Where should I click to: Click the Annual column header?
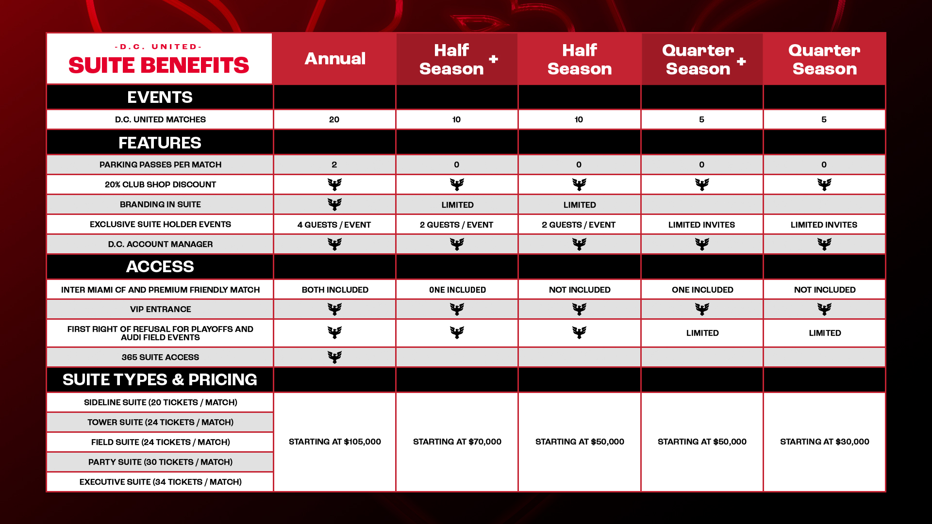click(x=335, y=59)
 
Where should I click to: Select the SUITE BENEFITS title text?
click(x=159, y=65)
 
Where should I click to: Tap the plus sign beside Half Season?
click(x=494, y=59)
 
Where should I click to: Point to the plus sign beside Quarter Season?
click(x=741, y=61)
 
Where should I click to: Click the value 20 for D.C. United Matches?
click(x=334, y=119)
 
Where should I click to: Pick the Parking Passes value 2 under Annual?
click(x=334, y=164)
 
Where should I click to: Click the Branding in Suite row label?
click(x=160, y=204)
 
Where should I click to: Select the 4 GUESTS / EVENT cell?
click(x=334, y=225)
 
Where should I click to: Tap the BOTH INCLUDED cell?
click(x=335, y=290)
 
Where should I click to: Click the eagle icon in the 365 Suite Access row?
click(x=334, y=357)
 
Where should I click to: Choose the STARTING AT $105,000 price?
click(x=335, y=442)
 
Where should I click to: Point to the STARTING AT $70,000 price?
click(x=457, y=442)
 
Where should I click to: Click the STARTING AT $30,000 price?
click(x=825, y=442)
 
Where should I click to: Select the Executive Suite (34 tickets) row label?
click(x=160, y=482)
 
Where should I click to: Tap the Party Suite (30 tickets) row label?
click(x=160, y=462)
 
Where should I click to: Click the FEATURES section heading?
click(x=160, y=143)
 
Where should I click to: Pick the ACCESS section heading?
click(x=160, y=266)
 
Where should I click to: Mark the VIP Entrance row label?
click(x=160, y=309)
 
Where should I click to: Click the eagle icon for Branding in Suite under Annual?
click(x=334, y=204)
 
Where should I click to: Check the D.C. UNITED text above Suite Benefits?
click(x=158, y=47)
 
